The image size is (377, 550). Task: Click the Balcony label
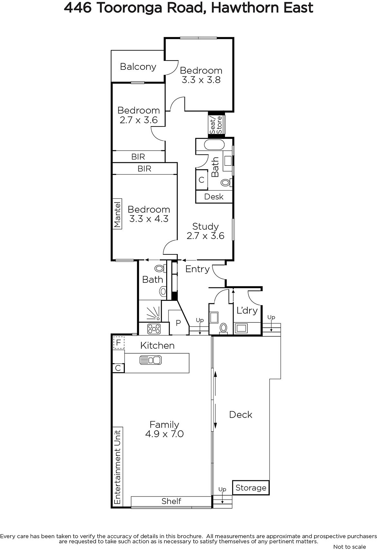tap(138, 67)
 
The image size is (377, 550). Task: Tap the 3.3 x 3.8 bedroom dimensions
tap(201, 80)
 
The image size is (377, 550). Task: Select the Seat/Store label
tap(216, 125)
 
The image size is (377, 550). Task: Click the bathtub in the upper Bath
tap(214, 145)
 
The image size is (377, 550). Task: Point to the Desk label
tap(214, 197)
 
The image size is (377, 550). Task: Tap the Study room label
tap(205, 227)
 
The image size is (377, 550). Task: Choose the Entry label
tap(197, 269)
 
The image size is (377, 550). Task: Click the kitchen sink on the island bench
tap(151, 360)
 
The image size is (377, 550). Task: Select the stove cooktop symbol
tap(154, 329)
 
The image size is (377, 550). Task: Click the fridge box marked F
tap(119, 342)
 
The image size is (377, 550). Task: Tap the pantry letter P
tap(179, 323)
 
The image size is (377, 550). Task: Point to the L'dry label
tap(247, 311)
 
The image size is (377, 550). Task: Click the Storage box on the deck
tap(251, 488)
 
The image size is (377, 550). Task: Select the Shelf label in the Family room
tap(171, 501)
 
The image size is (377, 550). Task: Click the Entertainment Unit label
tap(118, 467)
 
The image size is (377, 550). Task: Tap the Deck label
tap(240, 415)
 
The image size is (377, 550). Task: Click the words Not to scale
tap(349, 547)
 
